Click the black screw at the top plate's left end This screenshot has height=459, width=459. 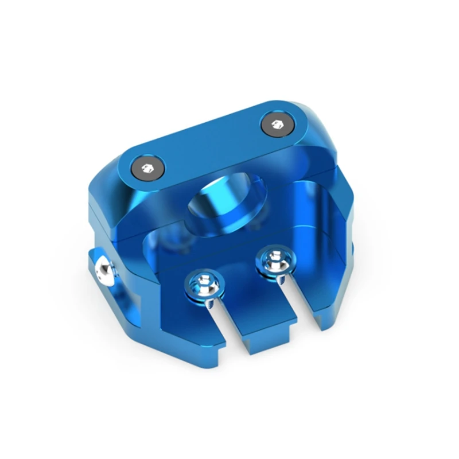tap(147, 168)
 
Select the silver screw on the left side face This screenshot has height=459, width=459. tap(103, 269)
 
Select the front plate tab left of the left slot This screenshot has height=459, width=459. tap(189, 321)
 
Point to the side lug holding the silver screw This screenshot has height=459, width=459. tap(112, 281)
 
